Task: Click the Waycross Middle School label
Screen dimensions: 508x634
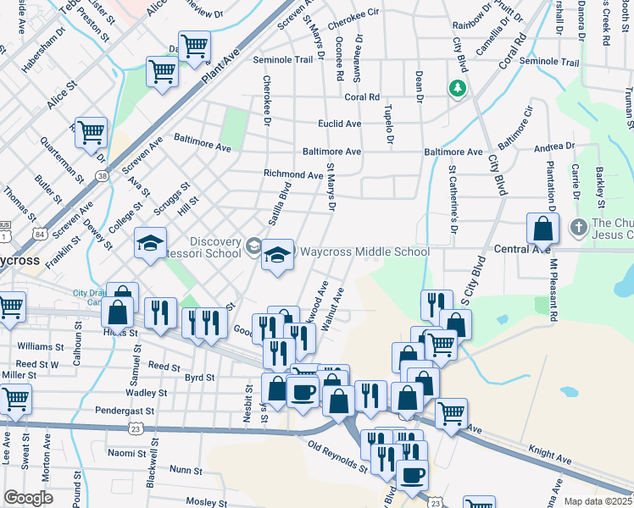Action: (364, 252)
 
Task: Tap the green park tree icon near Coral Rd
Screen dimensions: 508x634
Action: (458, 88)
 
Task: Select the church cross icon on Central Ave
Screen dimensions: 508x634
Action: (578, 227)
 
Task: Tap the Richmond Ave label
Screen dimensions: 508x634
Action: (293, 175)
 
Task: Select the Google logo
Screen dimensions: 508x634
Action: (28, 498)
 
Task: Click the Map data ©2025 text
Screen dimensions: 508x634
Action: (598, 501)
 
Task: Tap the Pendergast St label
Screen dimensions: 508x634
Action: (125, 411)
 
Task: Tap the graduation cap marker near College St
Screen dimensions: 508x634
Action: (149, 244)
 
